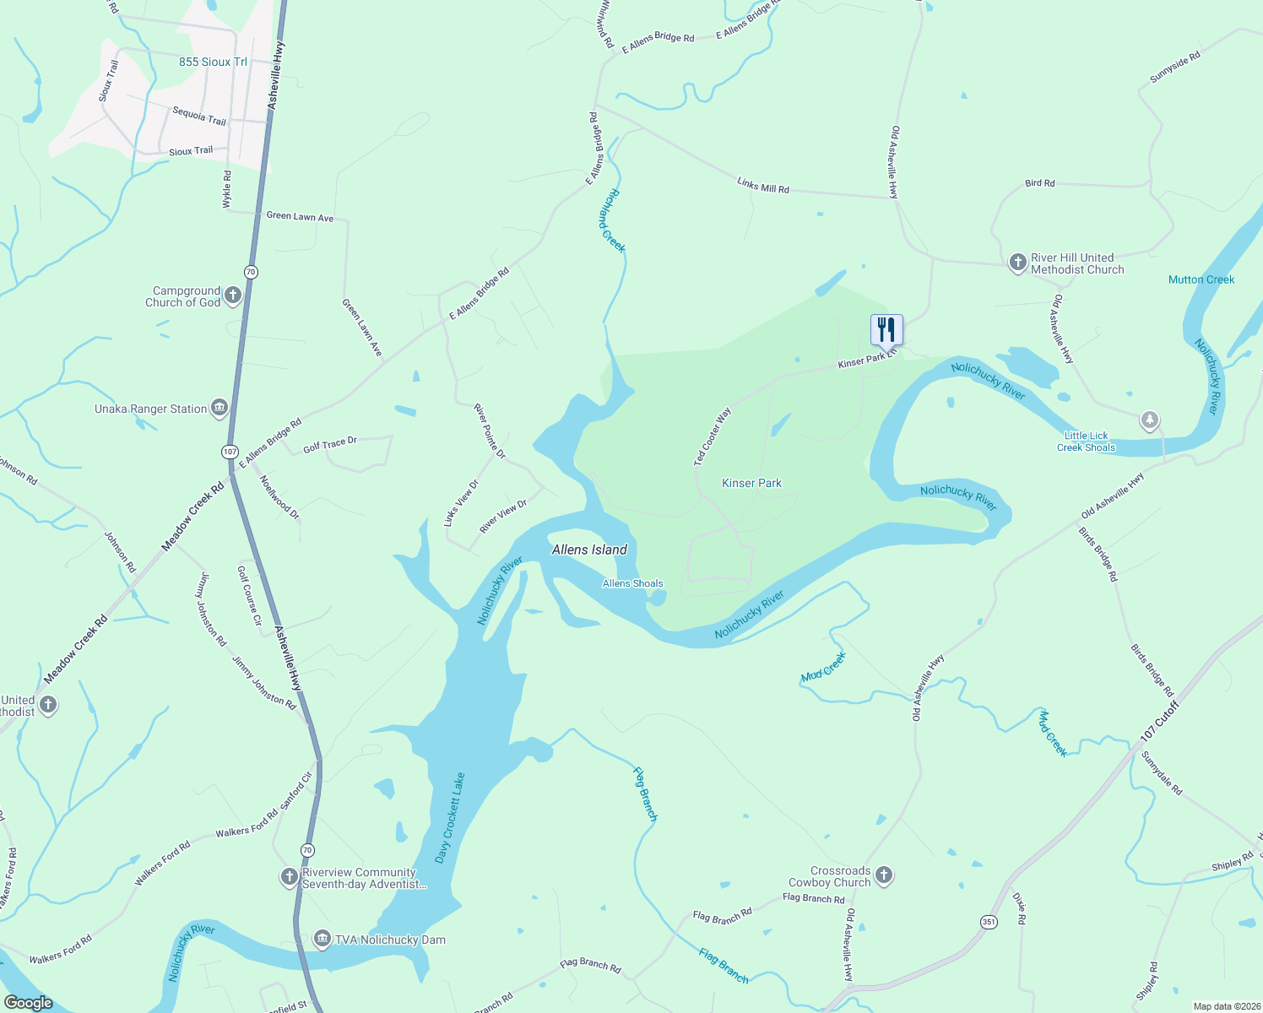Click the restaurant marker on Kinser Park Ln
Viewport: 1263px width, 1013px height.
pyautogui.click(x=886, y=329)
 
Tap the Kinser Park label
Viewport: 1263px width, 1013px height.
pyautogui.click(x=751, y=483)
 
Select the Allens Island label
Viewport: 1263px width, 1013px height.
pyautogui.click(x=589, y=550)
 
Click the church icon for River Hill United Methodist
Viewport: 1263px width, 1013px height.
pyautogui.click(x=1018, y=263)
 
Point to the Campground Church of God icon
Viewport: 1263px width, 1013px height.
pyautogui.click(x=233, y=295)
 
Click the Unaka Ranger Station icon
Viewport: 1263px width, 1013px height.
pyautogui.click(x=220, y=409)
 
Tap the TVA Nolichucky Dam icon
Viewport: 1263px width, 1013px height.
pyautogui.click(x=322, y=939)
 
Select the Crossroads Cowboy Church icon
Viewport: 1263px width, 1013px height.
pyautogui.click(x=884, y=875)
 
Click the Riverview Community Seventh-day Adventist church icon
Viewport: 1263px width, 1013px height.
pyautogui.click(x=289, y=878)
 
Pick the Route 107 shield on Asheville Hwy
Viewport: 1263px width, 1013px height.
pyautogui.click(x=230, y=452)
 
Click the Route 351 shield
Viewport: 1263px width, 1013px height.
pyautogui.click(x=989, y=921)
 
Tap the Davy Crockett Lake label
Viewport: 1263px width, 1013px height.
pyautogui.click(x=449, y=817)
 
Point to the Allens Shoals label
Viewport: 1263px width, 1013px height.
pyautogui.click(x=632, y=583)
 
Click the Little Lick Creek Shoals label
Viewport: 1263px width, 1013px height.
pyautogui.click(x=1086, y=441)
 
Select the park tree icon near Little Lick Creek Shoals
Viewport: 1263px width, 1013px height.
pyautogui.click(x=1149, y=420)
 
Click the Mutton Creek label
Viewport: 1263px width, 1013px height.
pyautogui.click(x=1201, y=279)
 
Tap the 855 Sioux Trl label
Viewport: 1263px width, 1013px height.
pyautogui.click(x=213, y=62)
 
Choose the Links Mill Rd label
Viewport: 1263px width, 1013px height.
pyautogui.click(x=762, y=185)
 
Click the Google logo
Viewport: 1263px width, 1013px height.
pyautogui.click(x=28, y=1003)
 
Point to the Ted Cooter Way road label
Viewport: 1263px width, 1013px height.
pyautogui.click(x=712, y=437)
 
